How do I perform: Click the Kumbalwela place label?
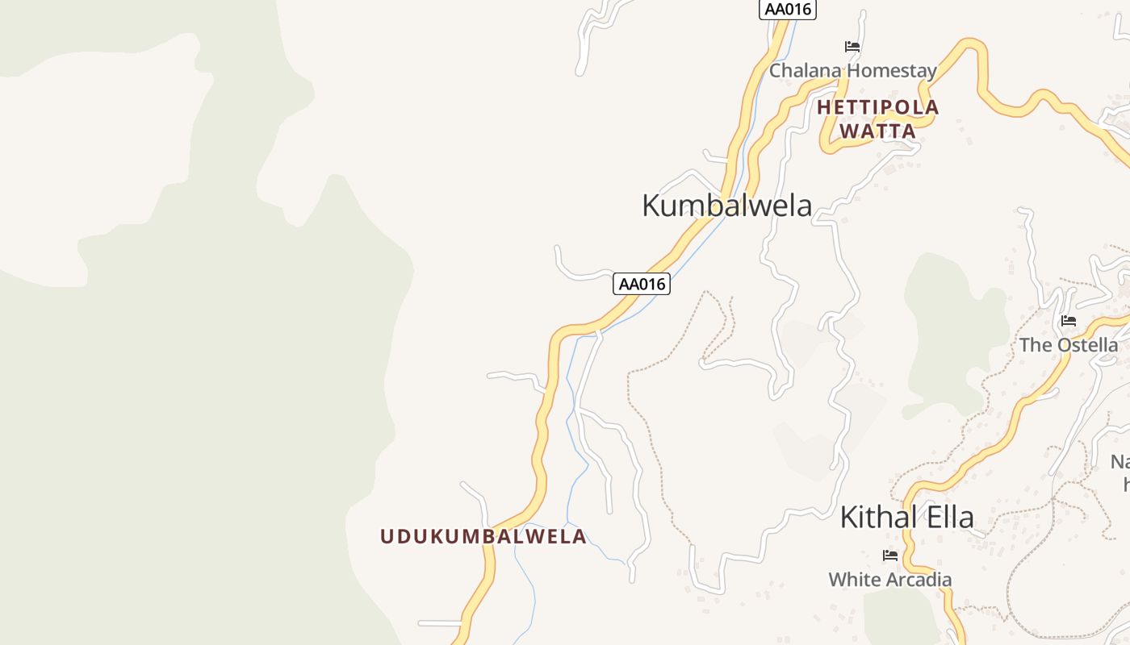(x=726, y=205)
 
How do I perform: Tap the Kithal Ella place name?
(x=906, y=517)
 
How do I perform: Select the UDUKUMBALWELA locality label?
(x=483, y=537)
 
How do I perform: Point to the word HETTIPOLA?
(x=878, y=107)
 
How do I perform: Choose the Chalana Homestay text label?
(x=852, y=71)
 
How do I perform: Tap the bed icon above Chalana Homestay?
(x=852, y=47)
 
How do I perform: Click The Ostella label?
(x=1068, y=345)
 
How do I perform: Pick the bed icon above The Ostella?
(x=1069, y=321)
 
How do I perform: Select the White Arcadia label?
(x=889, y=579)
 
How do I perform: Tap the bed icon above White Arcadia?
(x=890, y=556)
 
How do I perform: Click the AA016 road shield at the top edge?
(x=788, y=10)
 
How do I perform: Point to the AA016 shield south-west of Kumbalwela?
(x=642, y=284)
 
